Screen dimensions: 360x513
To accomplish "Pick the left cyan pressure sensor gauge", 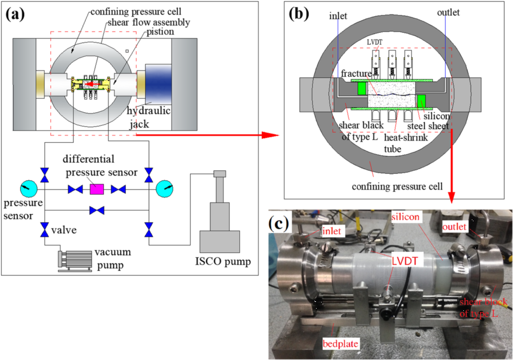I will (26, 189).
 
